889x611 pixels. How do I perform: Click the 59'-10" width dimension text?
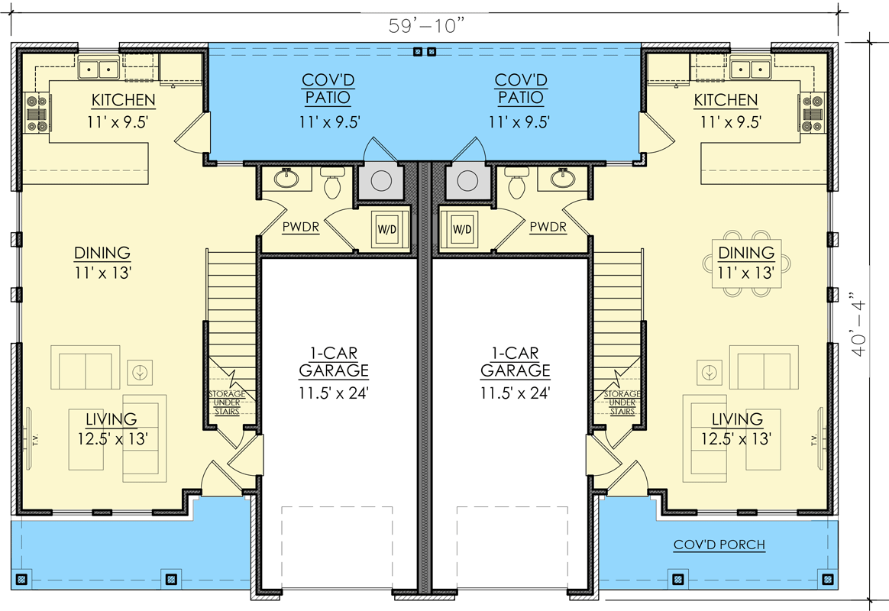coord(426,24)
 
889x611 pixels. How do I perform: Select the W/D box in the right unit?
coord(461,228)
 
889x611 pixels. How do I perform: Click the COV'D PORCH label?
coord(719,545)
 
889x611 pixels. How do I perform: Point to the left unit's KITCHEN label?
coord(124,100)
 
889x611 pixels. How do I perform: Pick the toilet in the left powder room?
coord(332,183)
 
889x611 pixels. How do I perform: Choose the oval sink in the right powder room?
coord(564,179)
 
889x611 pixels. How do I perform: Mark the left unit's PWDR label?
coord(300,227)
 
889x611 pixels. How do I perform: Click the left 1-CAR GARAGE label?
coord(333,362)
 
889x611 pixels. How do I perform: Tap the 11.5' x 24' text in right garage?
coord(515,393)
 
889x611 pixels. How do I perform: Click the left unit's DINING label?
coord(102,253)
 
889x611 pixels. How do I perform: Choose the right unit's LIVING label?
coord(737,419)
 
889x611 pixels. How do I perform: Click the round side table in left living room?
coord(139,372)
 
